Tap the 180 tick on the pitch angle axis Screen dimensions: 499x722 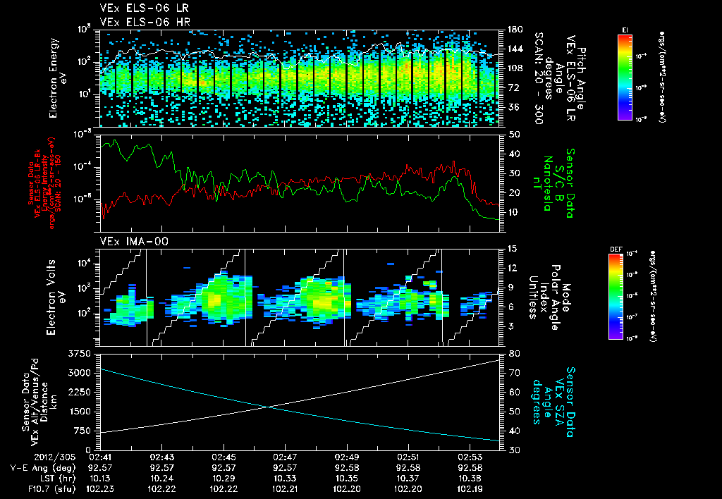pos(514,30)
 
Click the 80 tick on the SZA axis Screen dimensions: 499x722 pos(514,352)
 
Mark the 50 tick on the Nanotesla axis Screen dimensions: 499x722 pos(514,134)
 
